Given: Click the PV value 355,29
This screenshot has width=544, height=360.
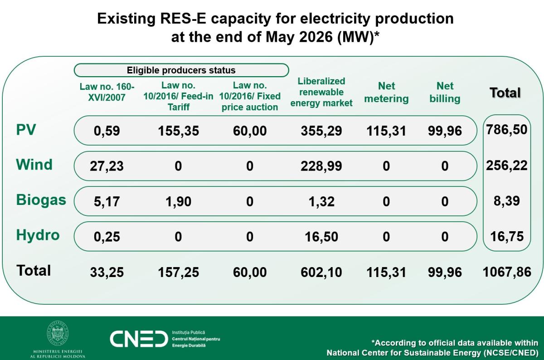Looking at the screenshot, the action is pos(321,131).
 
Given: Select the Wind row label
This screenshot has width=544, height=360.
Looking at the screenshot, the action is pos(34,165).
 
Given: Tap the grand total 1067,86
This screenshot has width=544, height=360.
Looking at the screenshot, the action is pos(507,272).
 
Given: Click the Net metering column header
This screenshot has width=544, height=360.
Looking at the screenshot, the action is pos(386,92).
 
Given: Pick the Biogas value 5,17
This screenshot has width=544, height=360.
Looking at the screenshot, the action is pos(107,201).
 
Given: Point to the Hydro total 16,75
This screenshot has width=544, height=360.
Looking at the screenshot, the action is pos(507,236).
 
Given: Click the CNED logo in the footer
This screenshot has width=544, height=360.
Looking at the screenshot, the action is pos(139,339).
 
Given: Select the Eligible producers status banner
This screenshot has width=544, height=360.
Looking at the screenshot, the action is pos(181,70).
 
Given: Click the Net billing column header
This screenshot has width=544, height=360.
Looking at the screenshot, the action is pos(445,92).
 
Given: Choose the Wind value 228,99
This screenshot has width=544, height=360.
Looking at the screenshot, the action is pos(321,166).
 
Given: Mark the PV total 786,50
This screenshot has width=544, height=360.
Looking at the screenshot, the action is pos(507,130).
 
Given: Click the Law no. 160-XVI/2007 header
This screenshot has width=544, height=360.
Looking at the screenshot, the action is pos(107,92).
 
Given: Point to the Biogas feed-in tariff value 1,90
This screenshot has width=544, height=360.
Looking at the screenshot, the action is pos(179,201).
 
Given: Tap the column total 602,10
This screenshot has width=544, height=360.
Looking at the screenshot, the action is pos(321,272).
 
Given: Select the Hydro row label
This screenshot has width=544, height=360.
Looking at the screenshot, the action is pos(38,235).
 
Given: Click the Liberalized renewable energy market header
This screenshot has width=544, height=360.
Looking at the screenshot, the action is pos(321,92).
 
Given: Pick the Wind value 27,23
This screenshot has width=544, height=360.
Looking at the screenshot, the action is pos(107,166).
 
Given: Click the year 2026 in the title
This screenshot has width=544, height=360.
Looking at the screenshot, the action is pos(316,37).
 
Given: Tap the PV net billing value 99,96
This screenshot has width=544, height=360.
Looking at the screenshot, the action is pos(445,131).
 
